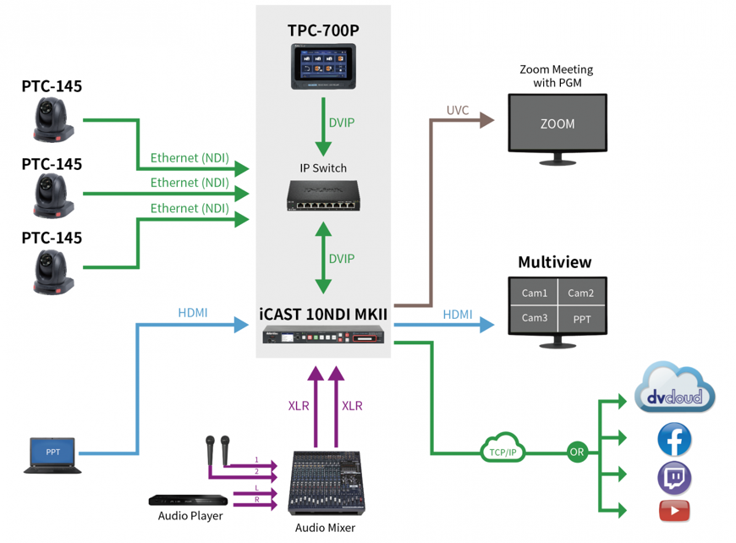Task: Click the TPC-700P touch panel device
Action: coord(322,68)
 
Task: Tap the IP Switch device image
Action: coord(322,196)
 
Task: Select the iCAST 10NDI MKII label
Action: coord(323,315)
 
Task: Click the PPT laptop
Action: coord(52,455)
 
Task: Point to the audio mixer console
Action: coord(325,483)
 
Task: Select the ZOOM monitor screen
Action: coord(557,123)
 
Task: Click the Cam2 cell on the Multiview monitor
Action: coord(581,293)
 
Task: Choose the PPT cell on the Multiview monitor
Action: coord(581,320)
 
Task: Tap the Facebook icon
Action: coord(674,440)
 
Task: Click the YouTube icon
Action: coord(674,511)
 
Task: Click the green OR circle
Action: coord(577,452)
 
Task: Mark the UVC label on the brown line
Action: coord(457,111)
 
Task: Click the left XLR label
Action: coord(299,406)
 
